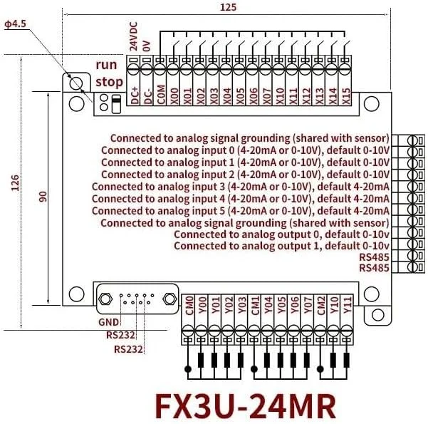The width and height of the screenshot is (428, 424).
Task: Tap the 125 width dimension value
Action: (x=229, y=7)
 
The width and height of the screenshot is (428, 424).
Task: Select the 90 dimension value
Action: (x=43, y=198)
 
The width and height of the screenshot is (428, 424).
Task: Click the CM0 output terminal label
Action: (x=189, y=306)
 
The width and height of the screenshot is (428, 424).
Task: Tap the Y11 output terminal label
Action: (x=347, y=306)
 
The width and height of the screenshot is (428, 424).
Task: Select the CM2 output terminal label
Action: (x=320, y=306)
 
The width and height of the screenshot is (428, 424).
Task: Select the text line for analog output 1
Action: (x=281, y=245)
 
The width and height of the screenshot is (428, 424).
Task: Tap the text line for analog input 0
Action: (x=245, y=150)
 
